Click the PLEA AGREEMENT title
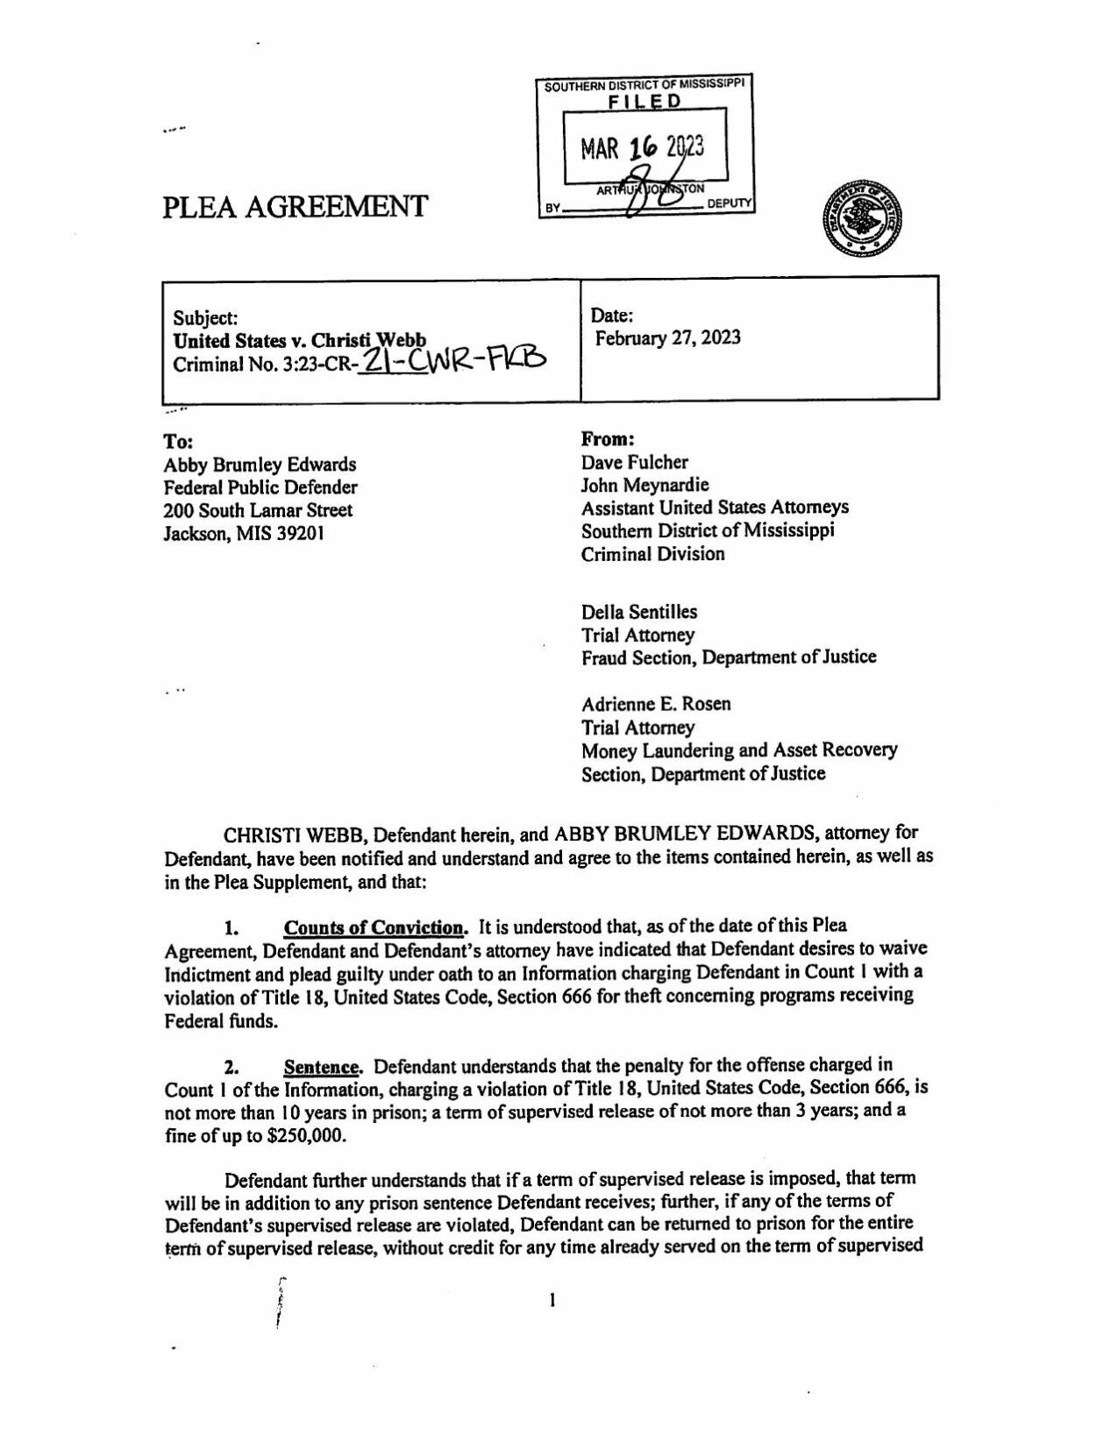[295, 207]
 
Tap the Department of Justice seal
[862, 220]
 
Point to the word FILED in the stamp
[645, 102]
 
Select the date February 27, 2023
[667, 338]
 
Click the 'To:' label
[178, 441]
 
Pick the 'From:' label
[608, 438]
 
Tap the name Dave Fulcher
[635, 462]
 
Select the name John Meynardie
[645, 485]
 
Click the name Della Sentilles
[639, 612]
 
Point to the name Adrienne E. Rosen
[656, 704]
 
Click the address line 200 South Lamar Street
[258, 510]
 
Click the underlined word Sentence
[322, 1068]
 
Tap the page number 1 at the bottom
[552, 1302]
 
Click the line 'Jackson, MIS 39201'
[245, 533]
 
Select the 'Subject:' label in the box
[205, 318]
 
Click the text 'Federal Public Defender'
[260, 487]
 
